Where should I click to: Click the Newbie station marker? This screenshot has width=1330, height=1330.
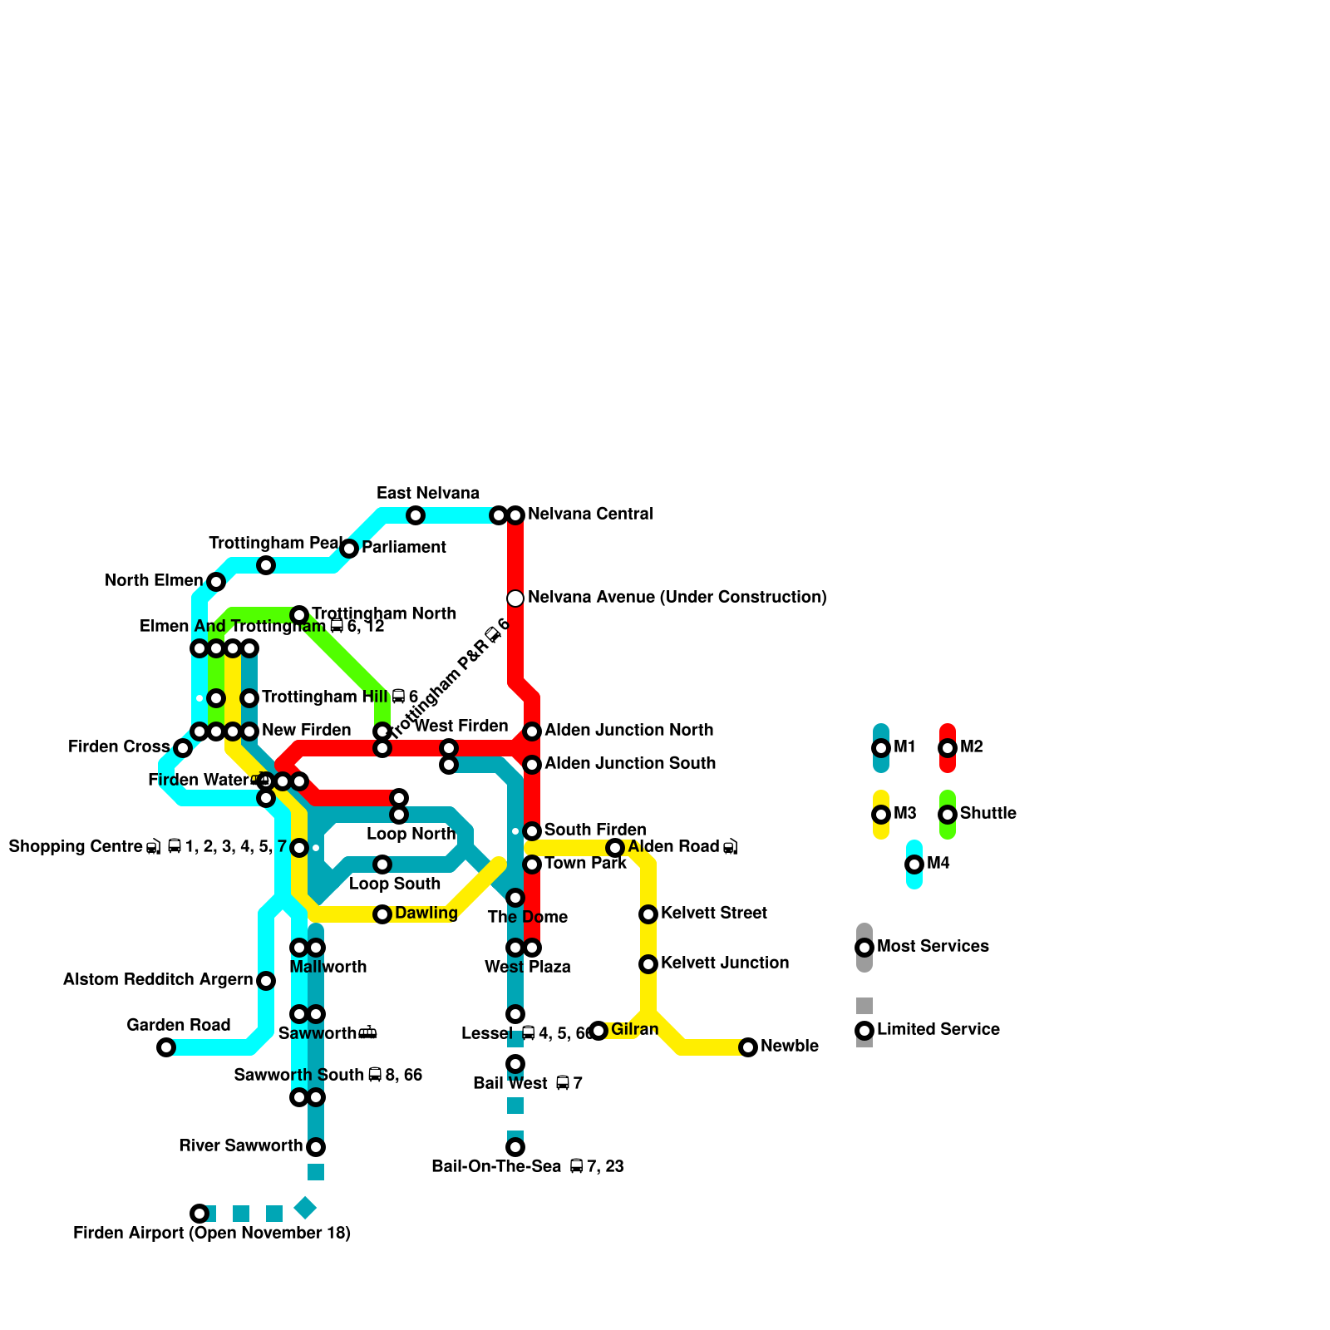pos(748,1047)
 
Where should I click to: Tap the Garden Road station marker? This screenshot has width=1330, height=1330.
pos(166,1047)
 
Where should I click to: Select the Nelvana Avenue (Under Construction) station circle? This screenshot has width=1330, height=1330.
pos(515,598)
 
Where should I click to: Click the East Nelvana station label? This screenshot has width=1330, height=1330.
pos(427,494)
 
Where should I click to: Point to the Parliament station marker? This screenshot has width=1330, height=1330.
pos(349,549)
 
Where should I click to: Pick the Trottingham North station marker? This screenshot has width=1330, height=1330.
pos(299,615)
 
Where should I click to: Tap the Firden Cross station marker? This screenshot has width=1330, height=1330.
pos(183,748)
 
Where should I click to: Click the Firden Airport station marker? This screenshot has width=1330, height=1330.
pos(199,1214)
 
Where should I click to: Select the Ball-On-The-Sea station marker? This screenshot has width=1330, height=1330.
pos(515,1147)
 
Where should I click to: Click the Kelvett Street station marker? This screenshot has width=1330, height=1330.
pos(648,914)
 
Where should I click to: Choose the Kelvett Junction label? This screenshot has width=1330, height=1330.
pos(724,963)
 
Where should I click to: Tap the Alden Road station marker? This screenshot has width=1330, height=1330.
pos(615,848)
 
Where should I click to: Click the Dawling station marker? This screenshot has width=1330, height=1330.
pos(382,914)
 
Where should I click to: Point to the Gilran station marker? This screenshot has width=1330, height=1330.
pos(598,1031)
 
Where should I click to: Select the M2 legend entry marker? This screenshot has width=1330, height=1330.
pos(948,748)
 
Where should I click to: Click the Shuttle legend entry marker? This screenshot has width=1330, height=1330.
pos(948,815)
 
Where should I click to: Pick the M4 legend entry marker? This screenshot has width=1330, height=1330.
pos(914,864)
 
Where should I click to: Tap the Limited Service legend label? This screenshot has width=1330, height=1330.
pos(938,1030)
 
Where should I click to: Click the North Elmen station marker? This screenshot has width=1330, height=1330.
pos(216,582)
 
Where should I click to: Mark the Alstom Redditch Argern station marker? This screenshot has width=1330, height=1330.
pos(266,981)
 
